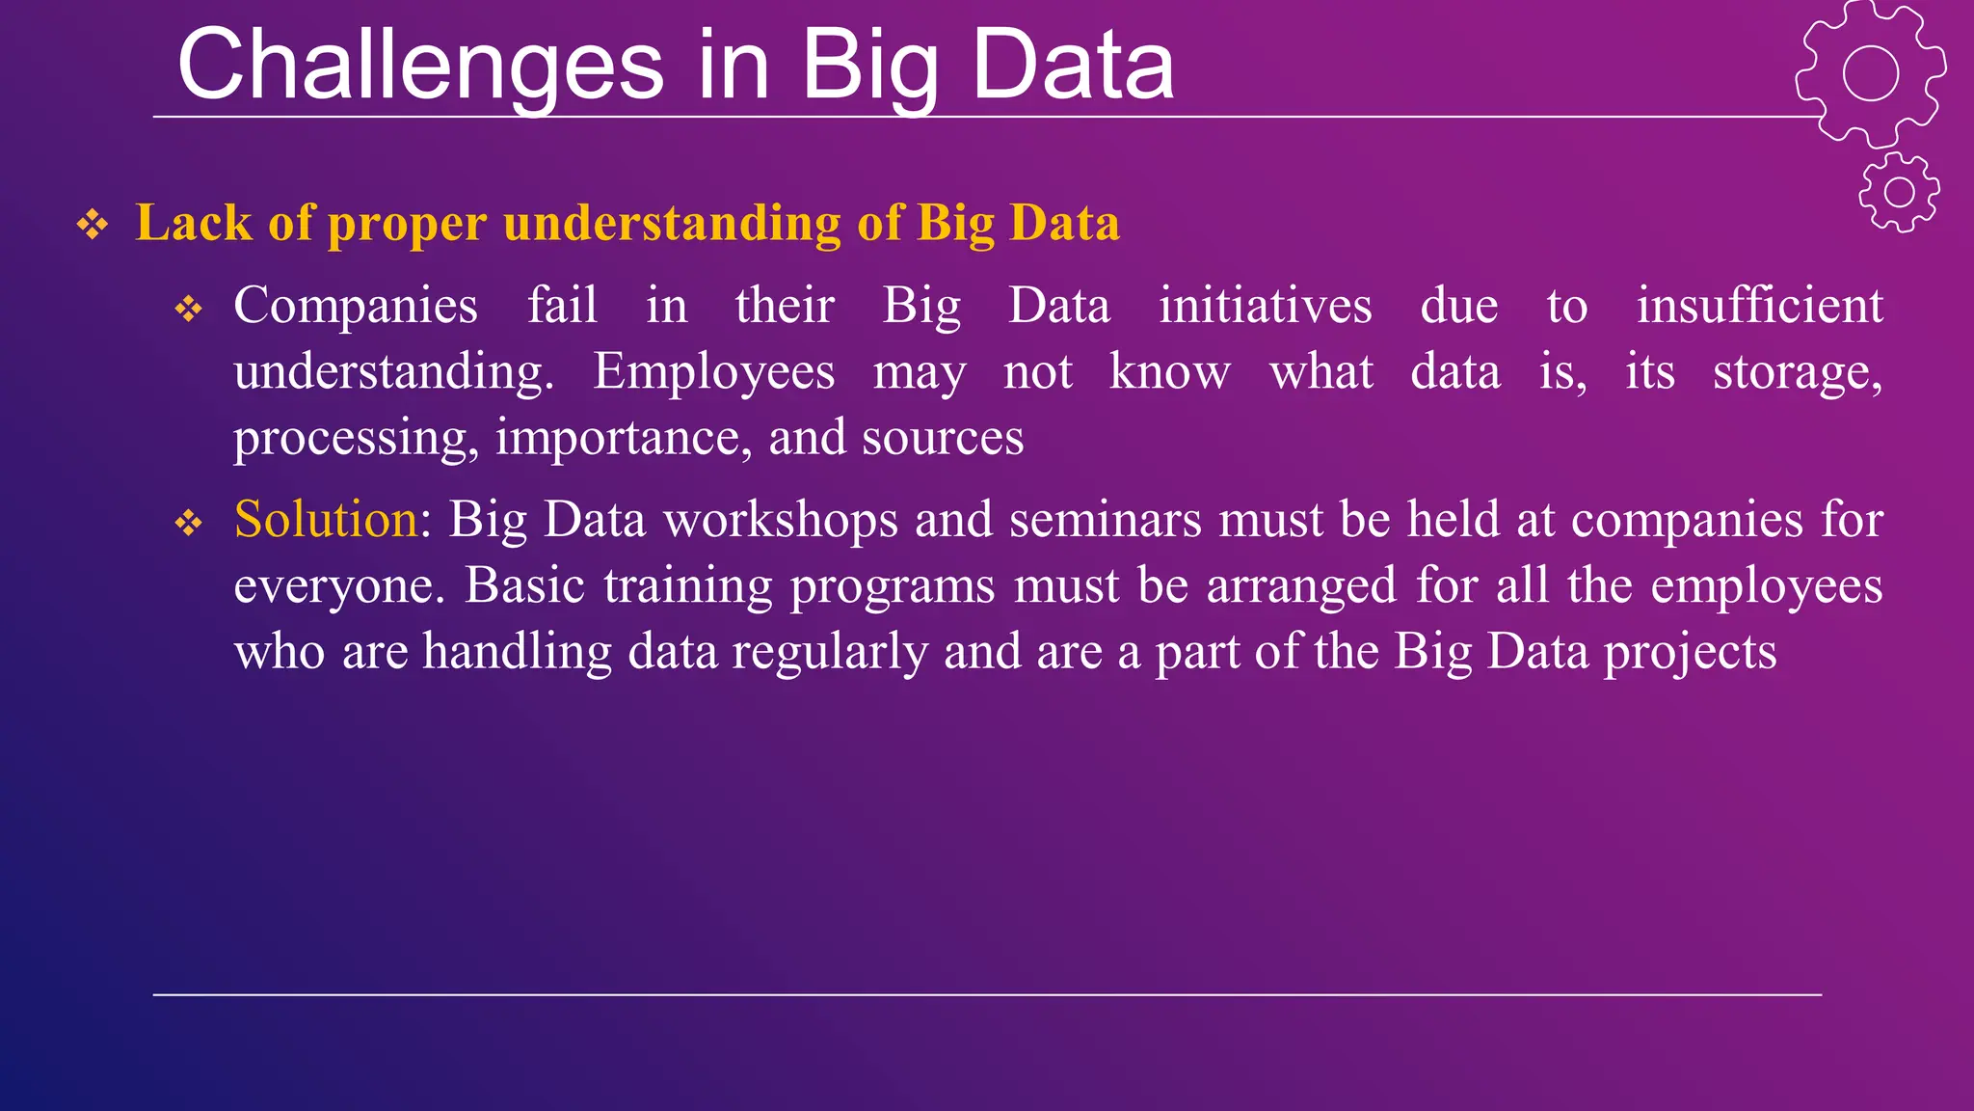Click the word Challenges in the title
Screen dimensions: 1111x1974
(x=420, y=66)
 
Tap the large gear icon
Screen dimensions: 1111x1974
(x=1870, y=73)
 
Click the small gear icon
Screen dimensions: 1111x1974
(x=1899, y=192)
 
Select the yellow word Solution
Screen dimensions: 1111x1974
(x=326, y=519)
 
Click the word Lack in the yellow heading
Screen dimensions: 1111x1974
(x=194, y=223)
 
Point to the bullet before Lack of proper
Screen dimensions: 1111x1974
(x=93, y=225)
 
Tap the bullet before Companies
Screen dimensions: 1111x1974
(x=189, y=310)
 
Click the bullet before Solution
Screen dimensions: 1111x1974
(x=189, y=524)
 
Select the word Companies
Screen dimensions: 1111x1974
(x=355, y=306)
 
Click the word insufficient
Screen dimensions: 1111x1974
(x=1759, y=306)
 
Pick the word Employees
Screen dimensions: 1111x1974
(x=713, y=371)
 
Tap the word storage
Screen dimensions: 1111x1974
(x=1797, y=371)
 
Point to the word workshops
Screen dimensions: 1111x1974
(x=781, y=519)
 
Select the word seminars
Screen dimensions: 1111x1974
(x=1105, y=519)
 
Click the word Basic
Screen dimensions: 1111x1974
(x=524, y=585)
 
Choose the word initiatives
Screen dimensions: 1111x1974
(x=1265, y=306)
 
